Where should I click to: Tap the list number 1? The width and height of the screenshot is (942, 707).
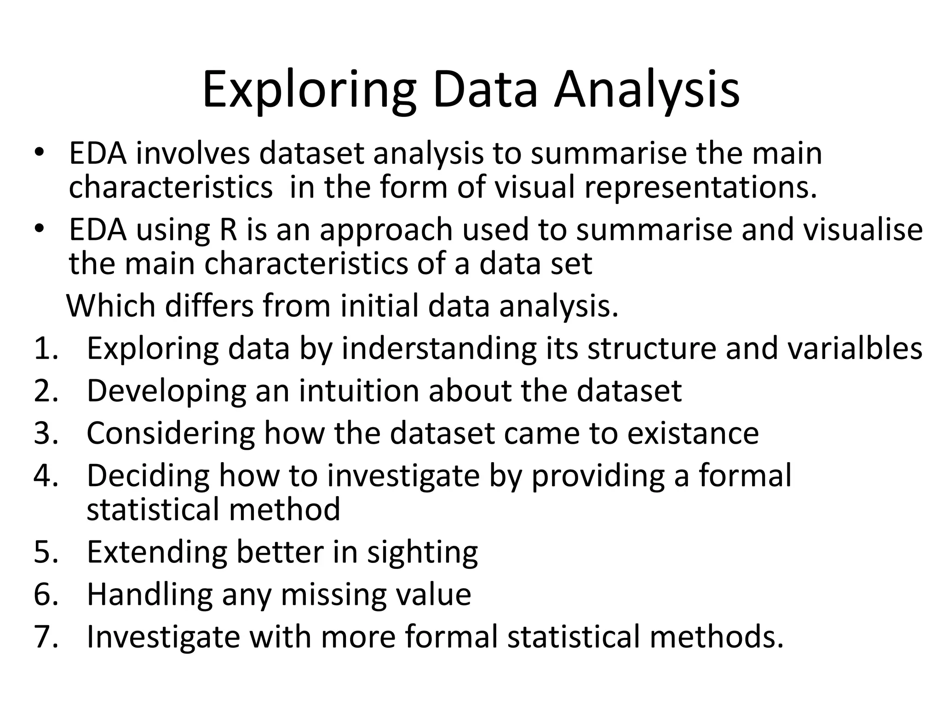(46, 348)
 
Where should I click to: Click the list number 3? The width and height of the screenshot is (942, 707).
(46, 433)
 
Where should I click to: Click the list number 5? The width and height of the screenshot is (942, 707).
(46, 552)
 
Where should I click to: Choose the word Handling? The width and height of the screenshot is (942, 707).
(149, 594)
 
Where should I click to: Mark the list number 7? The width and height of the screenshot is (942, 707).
(46, 637)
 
